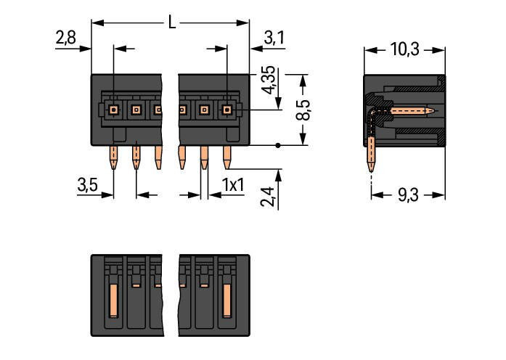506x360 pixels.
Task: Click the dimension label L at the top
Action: click(171, 22)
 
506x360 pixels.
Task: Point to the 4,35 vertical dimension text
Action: click(268, 81)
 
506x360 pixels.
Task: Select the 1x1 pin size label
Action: click(233, 185)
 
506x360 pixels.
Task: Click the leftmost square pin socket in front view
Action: click(114, 110)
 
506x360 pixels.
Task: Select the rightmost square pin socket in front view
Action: click(227, 110)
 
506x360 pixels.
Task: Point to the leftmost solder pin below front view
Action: click(114, 157)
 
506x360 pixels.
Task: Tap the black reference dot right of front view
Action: click(279, 146)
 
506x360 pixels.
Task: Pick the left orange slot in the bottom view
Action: click(114, 303)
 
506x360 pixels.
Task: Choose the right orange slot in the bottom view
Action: click(227, 303)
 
